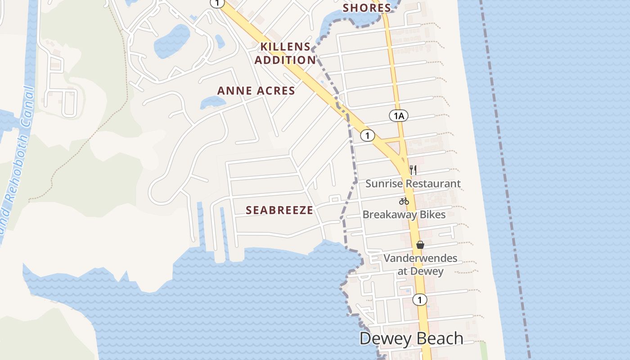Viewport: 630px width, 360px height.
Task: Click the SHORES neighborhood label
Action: (x=367, y=8)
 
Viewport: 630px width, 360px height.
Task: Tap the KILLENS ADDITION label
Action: (x=285, y=53)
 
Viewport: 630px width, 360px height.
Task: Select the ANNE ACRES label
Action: (x=256, y=90)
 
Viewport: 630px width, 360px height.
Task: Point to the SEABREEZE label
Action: (x=279, y=210)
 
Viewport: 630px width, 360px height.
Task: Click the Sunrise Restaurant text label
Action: (x=413, y=184)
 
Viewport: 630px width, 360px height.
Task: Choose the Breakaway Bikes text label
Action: (x=404, y=215)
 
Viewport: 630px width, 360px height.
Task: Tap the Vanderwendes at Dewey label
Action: (x=420, y=265)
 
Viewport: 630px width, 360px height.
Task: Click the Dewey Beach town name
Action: (x=411, y=338)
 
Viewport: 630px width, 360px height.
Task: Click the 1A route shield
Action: (x=398, y=116)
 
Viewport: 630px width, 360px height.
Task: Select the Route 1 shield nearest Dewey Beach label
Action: (x=419, y=300)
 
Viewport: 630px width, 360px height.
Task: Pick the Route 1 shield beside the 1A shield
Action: (x=368, y=135)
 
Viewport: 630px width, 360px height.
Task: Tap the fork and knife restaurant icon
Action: (x=413, y=170)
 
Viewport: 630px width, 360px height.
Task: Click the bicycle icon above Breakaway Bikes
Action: (x=404, y=201)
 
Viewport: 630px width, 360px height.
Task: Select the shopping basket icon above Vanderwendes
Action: (x=420, y=245)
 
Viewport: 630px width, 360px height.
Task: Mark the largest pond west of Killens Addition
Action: (x=171, y=41)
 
